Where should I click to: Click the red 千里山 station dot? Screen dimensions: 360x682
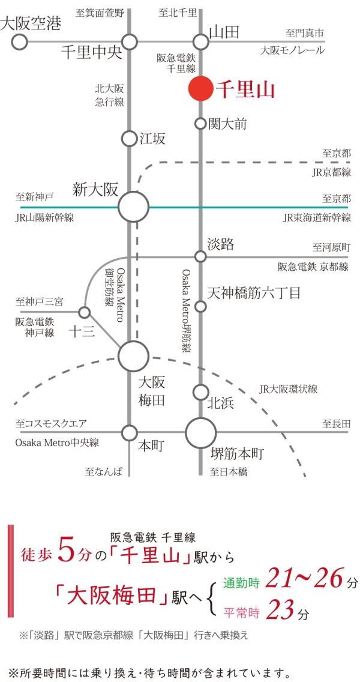[x=200, y=89]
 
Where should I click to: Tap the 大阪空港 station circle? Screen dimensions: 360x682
[x=19, y=42]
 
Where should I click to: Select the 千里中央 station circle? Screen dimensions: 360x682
[x=130, y=42]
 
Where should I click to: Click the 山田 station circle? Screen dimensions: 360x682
[x=200, y=42]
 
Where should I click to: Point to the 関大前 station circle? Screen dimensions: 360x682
[x=200, y=124]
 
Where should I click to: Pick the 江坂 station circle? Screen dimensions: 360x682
[x=130, y=139]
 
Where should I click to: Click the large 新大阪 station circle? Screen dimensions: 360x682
[x=133, y=207]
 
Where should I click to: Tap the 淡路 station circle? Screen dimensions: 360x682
[x=200, y=256]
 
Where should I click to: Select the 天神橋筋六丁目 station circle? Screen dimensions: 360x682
[x=200, y=307]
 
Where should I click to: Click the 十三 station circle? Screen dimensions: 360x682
[x=85, y=312]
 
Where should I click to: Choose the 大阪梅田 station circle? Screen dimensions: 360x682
[x=133, y=356]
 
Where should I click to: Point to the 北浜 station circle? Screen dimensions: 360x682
[x=200, y=392]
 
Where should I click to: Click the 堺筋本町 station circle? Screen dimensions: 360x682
[x=200, y=433]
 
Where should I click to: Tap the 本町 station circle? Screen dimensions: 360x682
[x=130, y=433]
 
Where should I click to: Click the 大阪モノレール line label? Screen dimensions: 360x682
[x=292, y=50]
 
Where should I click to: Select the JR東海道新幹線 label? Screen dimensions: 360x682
[x=317, y=217]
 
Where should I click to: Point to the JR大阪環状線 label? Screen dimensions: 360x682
[x=288, y=389]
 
